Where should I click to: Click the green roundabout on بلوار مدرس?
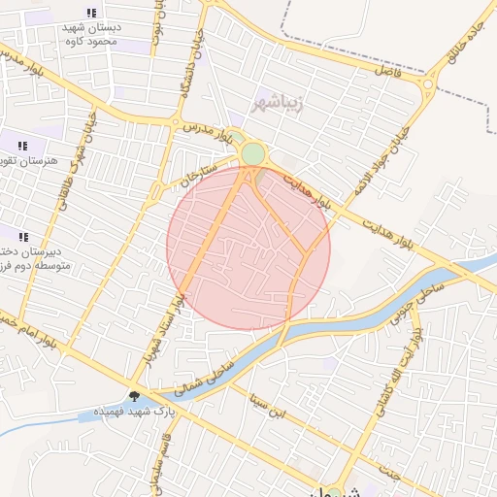pyautogui.click(x=253, y=154)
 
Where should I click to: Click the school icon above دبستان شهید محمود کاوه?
pyautogui.click(x=91, y=14)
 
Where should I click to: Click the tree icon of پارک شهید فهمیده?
pyautogui.click(x=133, y=396)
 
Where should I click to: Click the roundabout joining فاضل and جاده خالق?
pyautogui.click(x=428, y=86)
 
